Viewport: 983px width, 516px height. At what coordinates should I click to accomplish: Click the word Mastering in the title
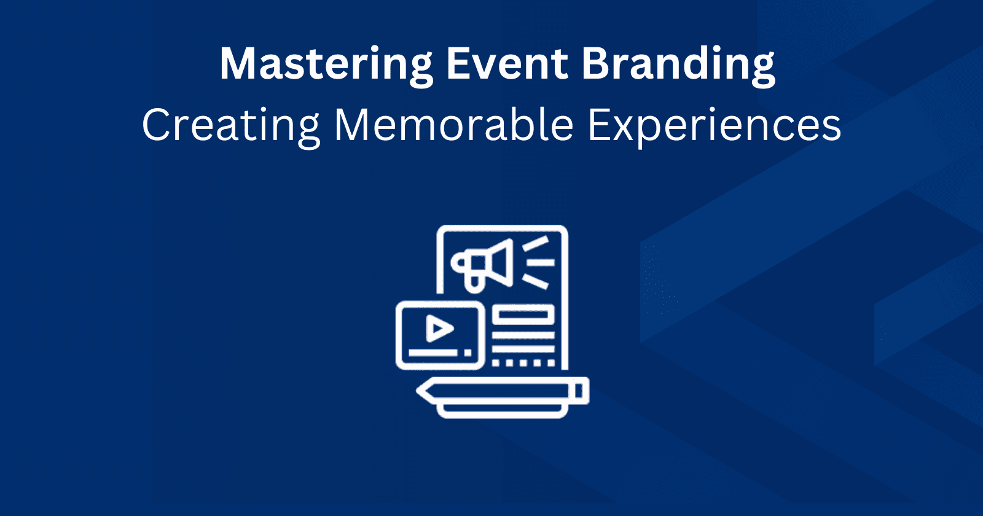click(x=326, y=64)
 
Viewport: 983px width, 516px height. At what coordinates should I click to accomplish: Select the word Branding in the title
click(x=678, y=64)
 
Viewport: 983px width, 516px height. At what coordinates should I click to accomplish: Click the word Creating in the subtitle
click(x=230, y=125)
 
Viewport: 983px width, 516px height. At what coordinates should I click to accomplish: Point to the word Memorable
click(x=453, y=125)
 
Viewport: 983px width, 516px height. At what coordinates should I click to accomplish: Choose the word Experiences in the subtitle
click(x=714, y=125)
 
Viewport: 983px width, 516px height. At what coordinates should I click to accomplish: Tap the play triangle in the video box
click(x=438, y=329)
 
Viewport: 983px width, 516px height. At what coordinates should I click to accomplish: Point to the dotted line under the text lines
click(x=523, y=362)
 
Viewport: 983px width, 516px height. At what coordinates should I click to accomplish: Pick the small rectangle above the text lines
click(x=523, y=316)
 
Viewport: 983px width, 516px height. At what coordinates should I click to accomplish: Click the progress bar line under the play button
click(x=433, y=353)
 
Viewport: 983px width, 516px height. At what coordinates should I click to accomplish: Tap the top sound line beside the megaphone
click(x=536, y=244)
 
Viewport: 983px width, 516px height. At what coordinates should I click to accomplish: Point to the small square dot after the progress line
click(x=468, y=353)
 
